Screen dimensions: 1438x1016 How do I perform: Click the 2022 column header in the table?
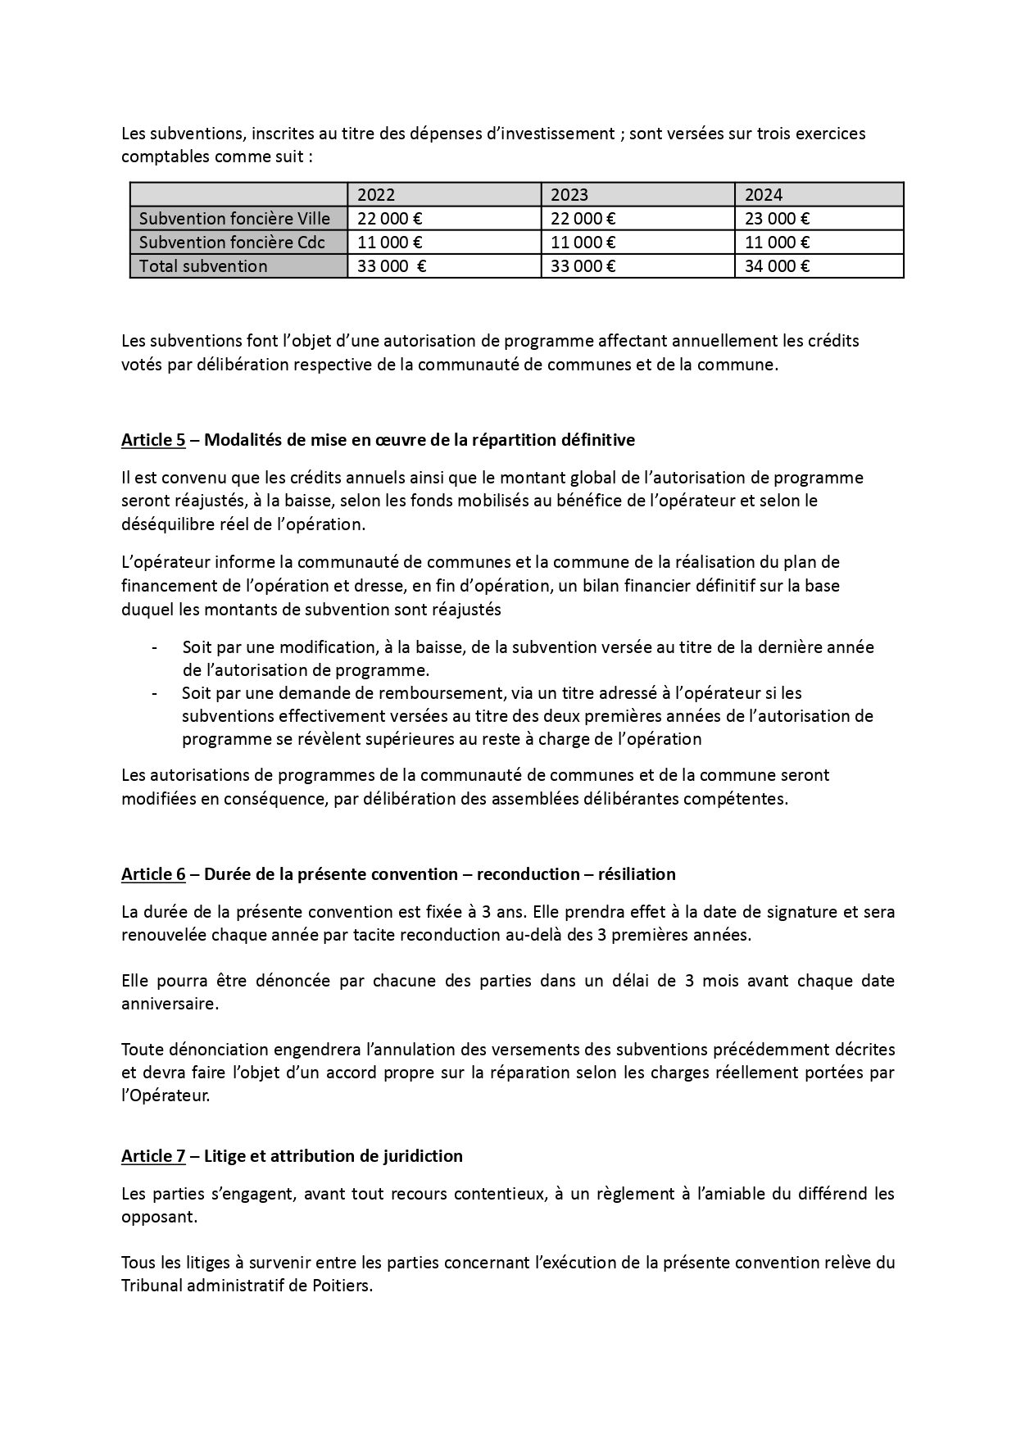[x=376, y=195]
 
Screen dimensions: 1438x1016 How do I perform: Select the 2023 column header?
[x=569, y=195]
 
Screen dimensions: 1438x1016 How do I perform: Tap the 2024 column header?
[x=764, y=195]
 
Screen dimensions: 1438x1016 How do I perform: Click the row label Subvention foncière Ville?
[x=234, y=219]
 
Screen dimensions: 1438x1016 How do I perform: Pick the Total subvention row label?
[x=203, y=266]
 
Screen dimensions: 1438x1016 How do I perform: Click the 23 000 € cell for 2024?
[x=777, y=219]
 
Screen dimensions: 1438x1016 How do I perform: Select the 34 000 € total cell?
[x=777, y=266]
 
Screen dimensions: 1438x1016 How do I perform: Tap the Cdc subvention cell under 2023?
[x=583, y=243]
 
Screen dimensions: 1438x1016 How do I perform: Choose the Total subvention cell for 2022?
[x=392, y=266]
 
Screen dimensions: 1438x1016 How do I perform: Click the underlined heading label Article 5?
[x=153, y=440]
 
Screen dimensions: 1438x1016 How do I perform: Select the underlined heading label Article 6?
[x=153, y=874]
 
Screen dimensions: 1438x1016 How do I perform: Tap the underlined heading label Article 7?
[x=153, y=1156]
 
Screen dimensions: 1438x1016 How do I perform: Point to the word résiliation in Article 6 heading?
[x=637, y=874]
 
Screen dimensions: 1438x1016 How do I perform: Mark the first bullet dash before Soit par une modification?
[x=154, y=647]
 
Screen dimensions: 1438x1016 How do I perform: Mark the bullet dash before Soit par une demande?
[x=154, y=693]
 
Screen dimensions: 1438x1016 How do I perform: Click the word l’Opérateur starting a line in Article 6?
[x=166, y=1096]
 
